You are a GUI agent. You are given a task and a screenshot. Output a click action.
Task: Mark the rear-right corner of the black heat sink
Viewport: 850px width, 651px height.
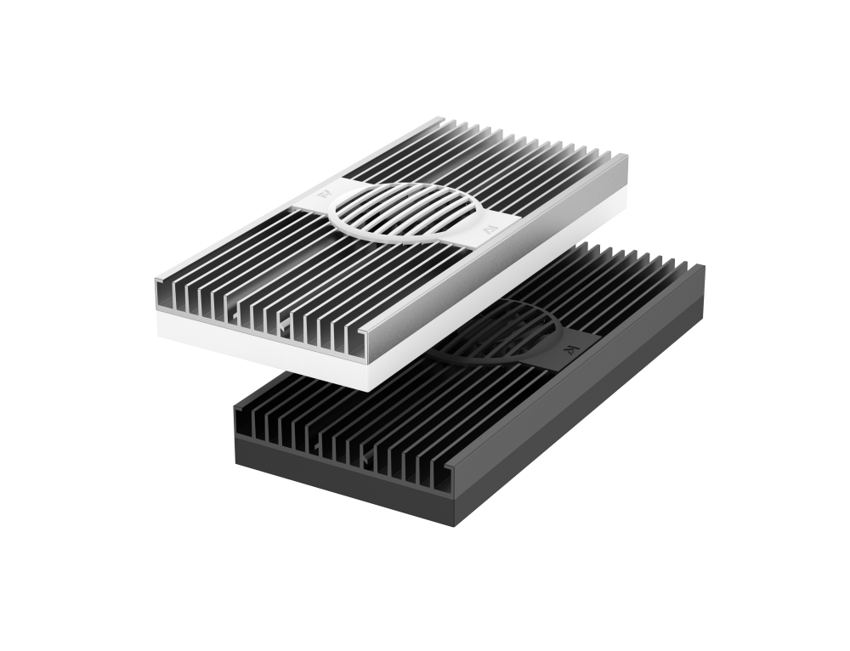[704, 267]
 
